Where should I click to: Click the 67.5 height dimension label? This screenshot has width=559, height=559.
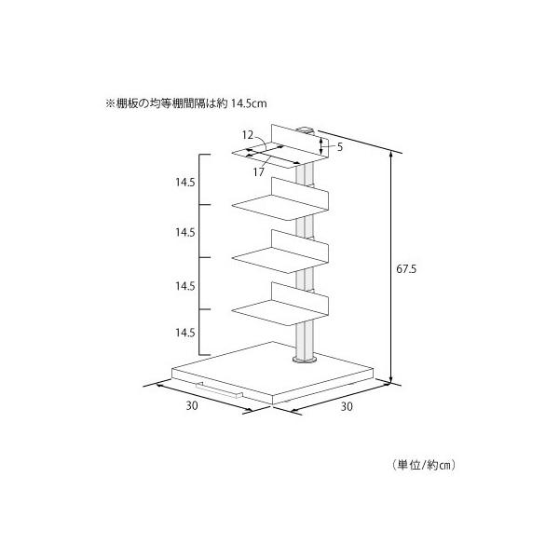pyautogui.click(x=406, y=269)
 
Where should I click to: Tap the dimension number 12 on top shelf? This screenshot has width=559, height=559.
pyautogui.click(x=248, y=135)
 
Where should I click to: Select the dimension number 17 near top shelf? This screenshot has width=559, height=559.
pyautogui.click(x=259, y=172)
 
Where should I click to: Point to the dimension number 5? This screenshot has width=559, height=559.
pyautogui.click(x=340, y=147)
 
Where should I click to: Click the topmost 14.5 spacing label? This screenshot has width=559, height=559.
pyautogui.click(x=185, y=183)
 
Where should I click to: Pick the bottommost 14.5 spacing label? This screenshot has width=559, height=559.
pyautogui.click(x=185, y=333)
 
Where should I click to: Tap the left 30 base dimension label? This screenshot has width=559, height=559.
pyautogui.click(x=192, y=405)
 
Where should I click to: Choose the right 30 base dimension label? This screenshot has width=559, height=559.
pyautogui.click(x=347, y=406)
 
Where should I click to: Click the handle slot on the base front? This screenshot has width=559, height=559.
pyautogui.click(x=219, y=390)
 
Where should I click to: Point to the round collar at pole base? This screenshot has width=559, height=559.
pyautogui.click(x=305, y=359)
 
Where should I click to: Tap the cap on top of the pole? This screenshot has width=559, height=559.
pyautogui.click(x=306, y=130)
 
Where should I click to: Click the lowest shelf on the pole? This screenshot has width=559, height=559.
pyautogui.click(x=279, y=304)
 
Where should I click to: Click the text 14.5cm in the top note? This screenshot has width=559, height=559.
pyautogui.click(x=249, y=103)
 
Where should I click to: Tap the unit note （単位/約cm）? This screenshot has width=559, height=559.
pyautogui.click(x=424, y=465)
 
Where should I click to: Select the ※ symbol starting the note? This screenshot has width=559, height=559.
pyautogui.click(x=109, y=103)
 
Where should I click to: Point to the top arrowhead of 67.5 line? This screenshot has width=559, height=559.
pyautogui.click(x=391, y=156)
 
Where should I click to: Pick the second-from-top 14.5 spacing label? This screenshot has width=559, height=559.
pyautogui.click(x=185, y=232)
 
